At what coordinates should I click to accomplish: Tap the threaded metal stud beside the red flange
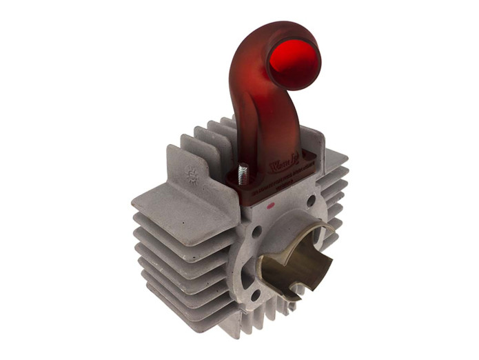pyautogui.click(x=243, y=172)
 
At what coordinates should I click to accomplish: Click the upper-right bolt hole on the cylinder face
pyautogui.click(x=312, y=200)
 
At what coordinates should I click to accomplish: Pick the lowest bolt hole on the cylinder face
pyautogui.click(x=256, y=294)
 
